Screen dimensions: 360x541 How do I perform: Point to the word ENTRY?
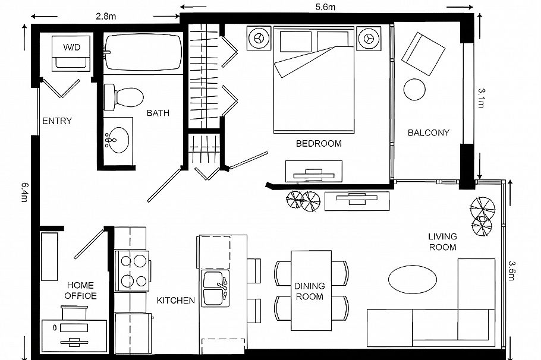[56, 121]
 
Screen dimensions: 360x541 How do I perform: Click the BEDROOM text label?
[318, 144]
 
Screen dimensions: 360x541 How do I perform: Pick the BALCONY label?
[428, 132]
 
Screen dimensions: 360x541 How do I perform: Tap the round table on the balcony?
[414, 90]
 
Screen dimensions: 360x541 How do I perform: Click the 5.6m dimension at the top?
[326, 7]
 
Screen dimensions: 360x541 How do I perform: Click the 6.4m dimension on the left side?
[23, 192]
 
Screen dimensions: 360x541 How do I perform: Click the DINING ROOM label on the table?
[309, 291]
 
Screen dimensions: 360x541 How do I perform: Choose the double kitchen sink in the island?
[215, 288]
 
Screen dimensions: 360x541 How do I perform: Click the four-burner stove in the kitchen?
[132, 270]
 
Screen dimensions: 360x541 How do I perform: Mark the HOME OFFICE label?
[81, 290]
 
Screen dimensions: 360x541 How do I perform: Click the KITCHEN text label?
[175, 301]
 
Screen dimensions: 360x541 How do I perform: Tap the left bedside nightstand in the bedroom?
[258, 37]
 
